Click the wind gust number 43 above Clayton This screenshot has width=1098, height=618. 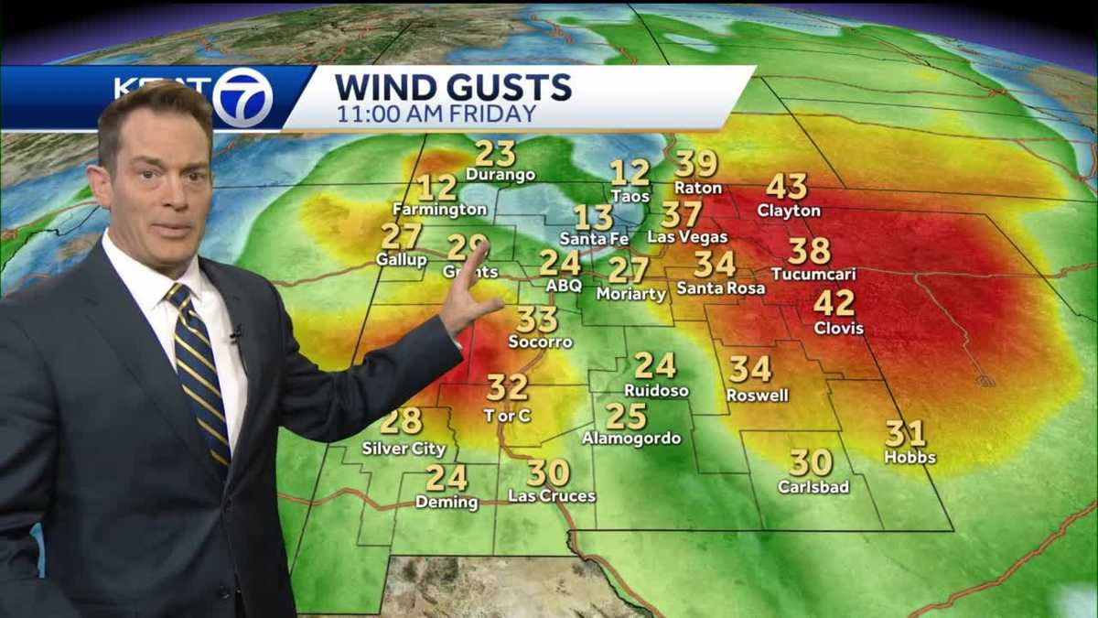786,187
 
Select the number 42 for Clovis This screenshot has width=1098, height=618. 834,303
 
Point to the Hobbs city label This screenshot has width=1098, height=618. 910,457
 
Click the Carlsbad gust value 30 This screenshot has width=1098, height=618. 811,462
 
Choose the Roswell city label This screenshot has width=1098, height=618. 757,396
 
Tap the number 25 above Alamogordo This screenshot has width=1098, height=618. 626,417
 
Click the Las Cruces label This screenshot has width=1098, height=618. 552,496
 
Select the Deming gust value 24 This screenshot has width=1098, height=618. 447,478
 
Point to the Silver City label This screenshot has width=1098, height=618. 404,449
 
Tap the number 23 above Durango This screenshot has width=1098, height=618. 495,153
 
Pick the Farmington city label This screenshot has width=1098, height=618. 439,210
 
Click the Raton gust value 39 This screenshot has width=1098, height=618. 696,164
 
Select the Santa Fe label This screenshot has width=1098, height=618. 594,239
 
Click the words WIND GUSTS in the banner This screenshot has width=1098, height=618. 453,88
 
